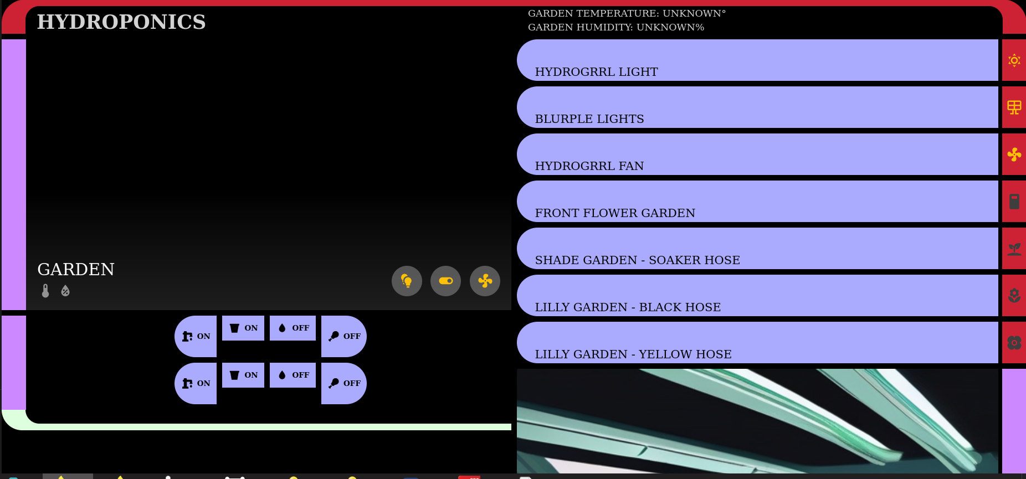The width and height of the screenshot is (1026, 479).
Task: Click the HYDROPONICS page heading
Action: coord(121,22)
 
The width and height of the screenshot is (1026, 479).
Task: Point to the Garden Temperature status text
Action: coord(627,13)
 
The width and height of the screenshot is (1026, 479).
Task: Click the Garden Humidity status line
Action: coord(616,27)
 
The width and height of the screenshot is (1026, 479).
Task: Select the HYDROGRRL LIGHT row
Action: coord(757,60)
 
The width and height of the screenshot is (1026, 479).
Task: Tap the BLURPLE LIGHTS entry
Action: coord(757,107)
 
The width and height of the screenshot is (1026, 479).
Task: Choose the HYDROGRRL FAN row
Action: coord(757,154)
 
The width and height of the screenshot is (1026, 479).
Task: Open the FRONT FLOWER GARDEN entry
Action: coord(757,202)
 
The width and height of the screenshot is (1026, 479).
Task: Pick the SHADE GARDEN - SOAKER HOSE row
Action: coord(757,249)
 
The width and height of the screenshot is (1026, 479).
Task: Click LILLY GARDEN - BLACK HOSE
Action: coord(757,296)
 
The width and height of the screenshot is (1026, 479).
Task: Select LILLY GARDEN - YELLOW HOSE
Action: coord(757,343)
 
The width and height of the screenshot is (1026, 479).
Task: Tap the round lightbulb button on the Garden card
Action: coord(407,281)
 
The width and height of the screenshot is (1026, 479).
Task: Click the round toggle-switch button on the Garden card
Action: coord(445,281)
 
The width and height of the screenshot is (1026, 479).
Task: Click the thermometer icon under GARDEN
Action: coord(45,291)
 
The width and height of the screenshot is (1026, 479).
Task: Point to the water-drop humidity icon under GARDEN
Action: coord(65,291)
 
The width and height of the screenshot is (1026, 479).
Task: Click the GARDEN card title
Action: coord(76,269)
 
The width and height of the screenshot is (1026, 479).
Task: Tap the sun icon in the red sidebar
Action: coord(1014,60)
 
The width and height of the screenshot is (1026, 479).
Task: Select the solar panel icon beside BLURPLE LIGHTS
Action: coord(1014,107)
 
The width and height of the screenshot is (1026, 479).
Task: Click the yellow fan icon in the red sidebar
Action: coord(1014,154)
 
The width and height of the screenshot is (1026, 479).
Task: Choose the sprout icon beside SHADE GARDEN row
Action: coord(1014,249)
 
